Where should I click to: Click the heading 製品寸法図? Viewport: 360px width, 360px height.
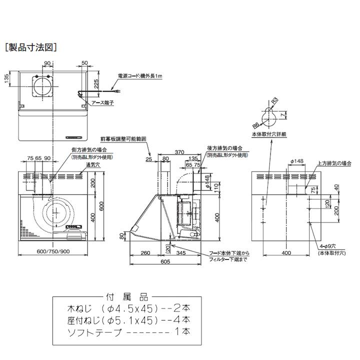click(30, 47)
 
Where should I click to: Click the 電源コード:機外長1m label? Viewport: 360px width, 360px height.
click(140, 75)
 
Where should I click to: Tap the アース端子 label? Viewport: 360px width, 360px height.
click(102, 102)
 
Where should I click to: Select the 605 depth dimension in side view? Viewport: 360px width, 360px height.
click(164, 261)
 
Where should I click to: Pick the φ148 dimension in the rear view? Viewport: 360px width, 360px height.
click(296, 161)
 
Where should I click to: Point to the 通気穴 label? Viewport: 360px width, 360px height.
click(77, 164)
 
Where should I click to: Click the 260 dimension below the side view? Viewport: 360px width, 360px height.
click(145, 253)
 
